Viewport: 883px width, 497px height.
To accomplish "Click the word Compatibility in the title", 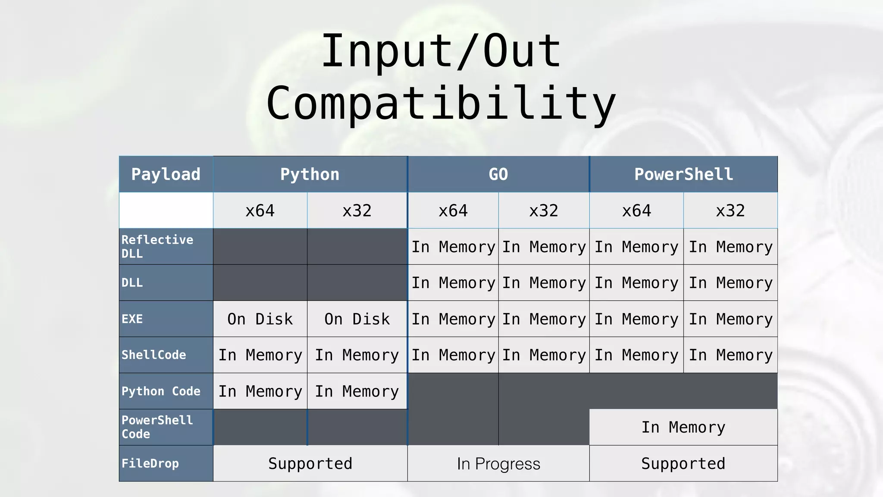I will point(441,103).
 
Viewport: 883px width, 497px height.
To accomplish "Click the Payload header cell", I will point(166,174).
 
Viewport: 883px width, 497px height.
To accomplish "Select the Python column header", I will point(310,174).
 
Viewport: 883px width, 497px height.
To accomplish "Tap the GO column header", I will point(498,174).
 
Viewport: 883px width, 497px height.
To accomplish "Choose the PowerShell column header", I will point(683,174).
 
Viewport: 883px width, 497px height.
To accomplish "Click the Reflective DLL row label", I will point(157,246).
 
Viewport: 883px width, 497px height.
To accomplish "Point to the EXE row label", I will point(132,319).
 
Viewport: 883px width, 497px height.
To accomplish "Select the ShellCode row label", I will point(153,355).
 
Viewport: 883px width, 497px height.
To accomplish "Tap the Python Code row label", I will point(161,391).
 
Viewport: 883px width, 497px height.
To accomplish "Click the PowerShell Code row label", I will point(157,427).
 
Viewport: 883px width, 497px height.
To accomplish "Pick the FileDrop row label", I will point(150,463).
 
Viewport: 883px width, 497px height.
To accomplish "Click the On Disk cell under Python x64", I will point(260,319).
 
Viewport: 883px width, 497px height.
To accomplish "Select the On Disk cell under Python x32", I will point(357,319).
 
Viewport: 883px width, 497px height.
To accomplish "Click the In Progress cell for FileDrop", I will point(498,464).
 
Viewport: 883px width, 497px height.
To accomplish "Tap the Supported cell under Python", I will point(310,463).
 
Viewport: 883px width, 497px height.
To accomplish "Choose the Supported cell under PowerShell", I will point(683,463).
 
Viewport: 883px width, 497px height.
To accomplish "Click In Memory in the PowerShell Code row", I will point(683,427).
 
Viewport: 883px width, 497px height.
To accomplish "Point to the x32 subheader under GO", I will point(544,211).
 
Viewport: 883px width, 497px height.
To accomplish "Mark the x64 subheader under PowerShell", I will point(636,211).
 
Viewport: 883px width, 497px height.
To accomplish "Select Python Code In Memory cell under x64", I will point(260,391).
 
